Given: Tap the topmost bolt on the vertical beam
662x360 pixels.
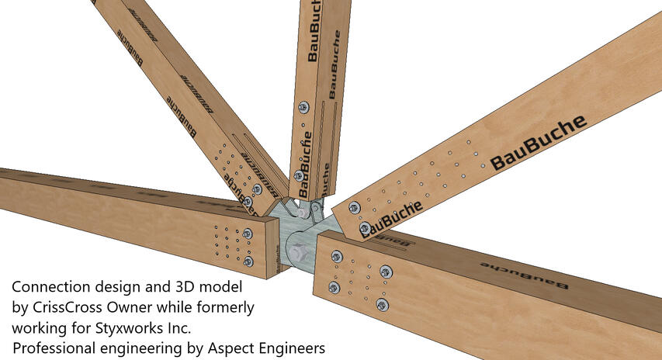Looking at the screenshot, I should pos(303,107).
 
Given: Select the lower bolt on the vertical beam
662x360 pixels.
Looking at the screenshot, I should pos(299,175).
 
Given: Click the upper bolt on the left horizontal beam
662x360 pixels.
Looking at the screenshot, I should pos(248,233).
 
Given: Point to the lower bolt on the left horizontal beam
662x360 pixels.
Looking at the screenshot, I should pos(248,261).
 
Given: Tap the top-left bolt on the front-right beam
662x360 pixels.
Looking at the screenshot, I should pos(337,256).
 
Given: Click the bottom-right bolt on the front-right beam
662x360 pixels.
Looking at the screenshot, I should pos(381,303).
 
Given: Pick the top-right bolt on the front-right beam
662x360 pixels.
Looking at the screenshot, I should pos(386,271).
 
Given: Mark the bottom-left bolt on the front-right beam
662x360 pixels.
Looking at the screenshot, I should pos(334,288).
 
